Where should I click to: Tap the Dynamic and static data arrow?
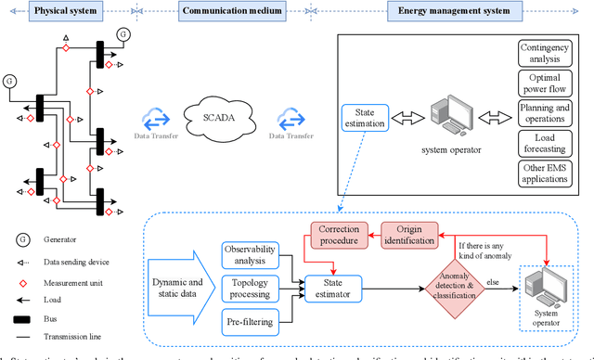click(x=176, y=288)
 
